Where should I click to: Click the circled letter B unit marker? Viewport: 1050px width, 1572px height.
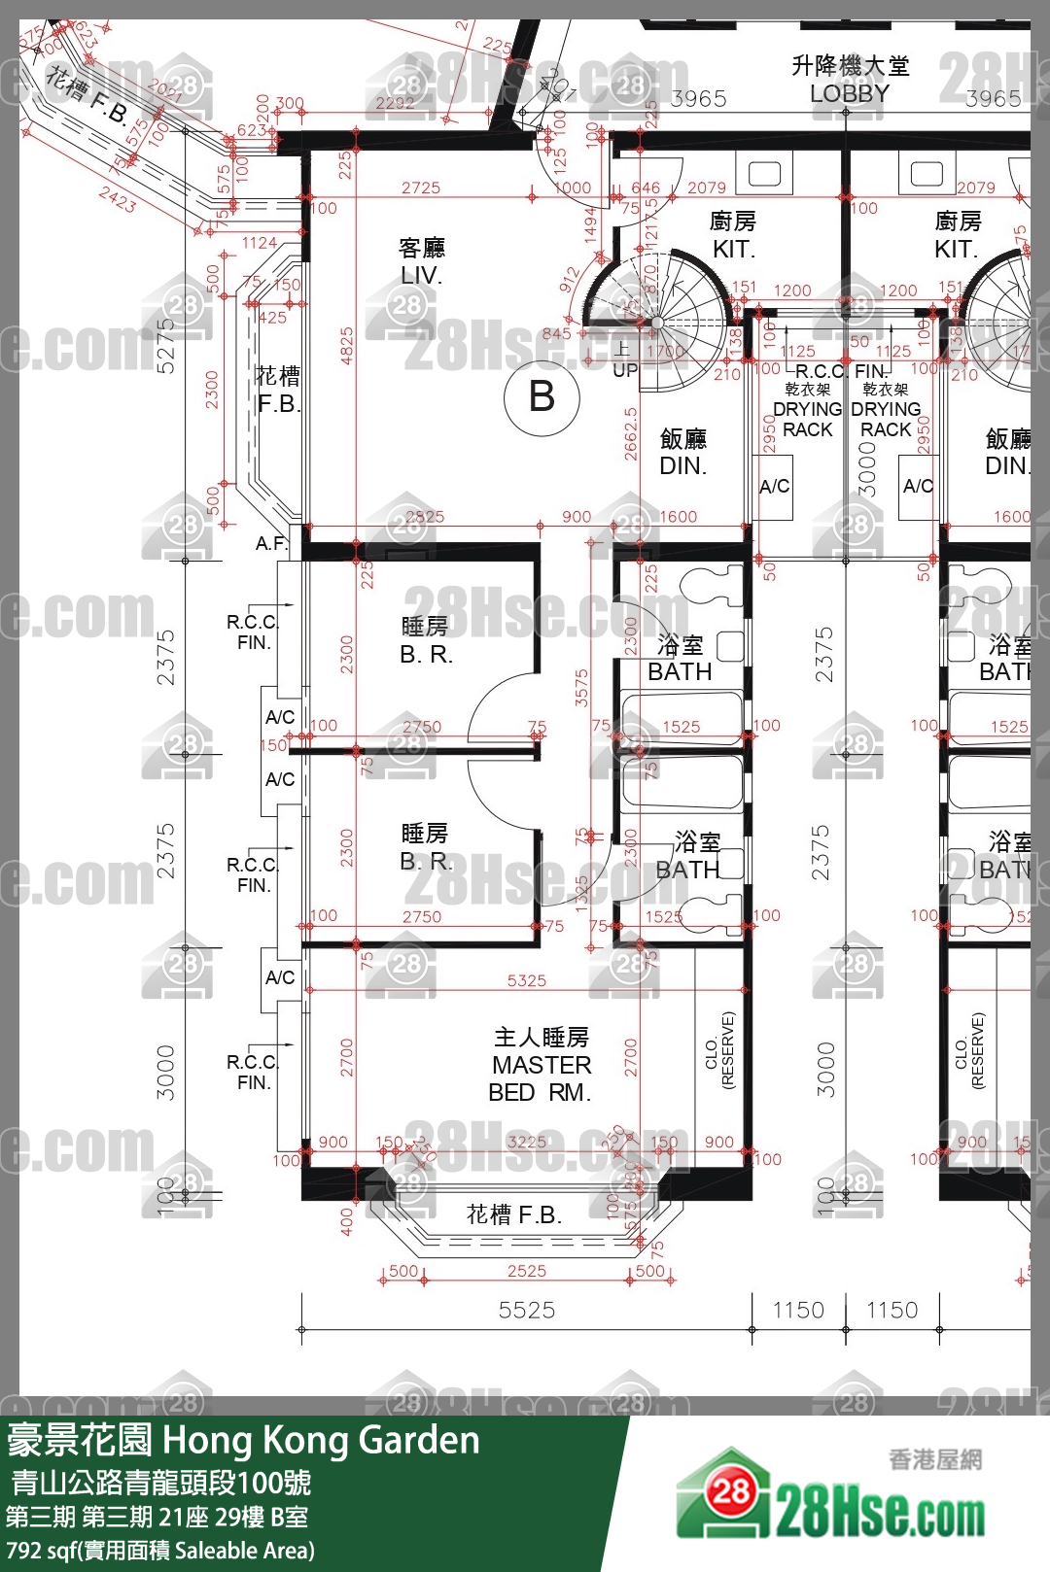click(542, 397)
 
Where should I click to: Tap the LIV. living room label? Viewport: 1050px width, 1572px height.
click(421, 275)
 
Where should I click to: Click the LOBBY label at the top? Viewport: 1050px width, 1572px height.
click(849, 93)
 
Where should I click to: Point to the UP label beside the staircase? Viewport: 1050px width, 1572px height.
click(624, 370)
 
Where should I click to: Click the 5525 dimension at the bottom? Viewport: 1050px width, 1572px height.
click(527, 1310)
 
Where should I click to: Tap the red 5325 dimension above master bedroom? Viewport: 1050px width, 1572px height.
click(526, 981)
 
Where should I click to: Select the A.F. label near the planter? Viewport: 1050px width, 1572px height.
click(271, 543)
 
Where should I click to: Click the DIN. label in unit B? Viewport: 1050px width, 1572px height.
click(682, 465)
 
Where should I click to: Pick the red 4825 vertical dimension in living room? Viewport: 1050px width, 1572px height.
click(347, 346)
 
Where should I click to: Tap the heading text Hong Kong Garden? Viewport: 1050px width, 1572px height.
click(321, 1440)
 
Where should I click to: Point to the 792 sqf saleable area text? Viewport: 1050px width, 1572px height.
click(160, 1551)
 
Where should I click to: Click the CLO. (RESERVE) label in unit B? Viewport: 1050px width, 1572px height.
click(719, 1049)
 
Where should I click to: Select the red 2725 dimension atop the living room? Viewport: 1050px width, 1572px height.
click(420, 188)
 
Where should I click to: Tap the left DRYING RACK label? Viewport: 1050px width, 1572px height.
click(807, 419)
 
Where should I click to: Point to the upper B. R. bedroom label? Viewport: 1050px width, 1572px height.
click(426, 654)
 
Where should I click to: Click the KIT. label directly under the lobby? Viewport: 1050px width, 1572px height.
click(733, 249)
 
